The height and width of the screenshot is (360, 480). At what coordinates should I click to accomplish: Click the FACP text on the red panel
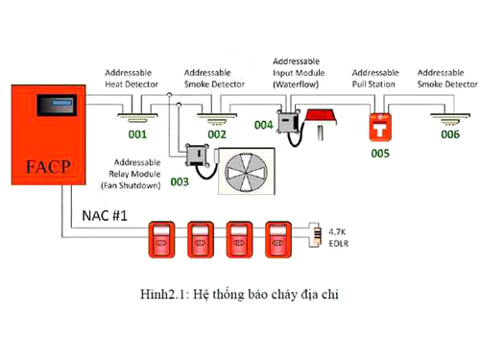48,167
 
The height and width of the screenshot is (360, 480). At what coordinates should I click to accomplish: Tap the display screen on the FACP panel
57,105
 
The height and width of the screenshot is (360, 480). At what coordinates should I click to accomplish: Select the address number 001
137,134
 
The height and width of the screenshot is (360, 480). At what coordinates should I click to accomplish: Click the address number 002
217,134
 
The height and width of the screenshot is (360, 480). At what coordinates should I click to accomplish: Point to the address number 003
180,181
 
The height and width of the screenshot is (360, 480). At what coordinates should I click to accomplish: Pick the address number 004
264,125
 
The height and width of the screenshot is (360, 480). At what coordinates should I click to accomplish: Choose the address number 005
380,154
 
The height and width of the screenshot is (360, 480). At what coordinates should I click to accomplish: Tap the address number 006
450,134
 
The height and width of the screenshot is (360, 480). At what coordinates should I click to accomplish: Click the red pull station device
380,127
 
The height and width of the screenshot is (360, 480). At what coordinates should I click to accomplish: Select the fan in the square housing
246,172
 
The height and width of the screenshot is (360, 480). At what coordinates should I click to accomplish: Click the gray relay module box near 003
198,156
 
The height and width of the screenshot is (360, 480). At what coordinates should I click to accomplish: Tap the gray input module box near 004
289,121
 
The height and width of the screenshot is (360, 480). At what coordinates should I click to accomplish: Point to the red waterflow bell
320,117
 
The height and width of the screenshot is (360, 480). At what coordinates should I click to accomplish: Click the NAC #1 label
105,216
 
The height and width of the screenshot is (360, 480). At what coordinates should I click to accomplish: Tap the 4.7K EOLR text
339,238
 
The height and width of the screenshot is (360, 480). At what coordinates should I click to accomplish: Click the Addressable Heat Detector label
132,79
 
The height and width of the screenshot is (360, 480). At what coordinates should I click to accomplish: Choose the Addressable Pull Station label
375,79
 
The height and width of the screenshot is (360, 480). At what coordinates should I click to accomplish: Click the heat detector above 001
137,117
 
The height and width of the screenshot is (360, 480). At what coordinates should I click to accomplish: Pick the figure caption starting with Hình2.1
239,295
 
